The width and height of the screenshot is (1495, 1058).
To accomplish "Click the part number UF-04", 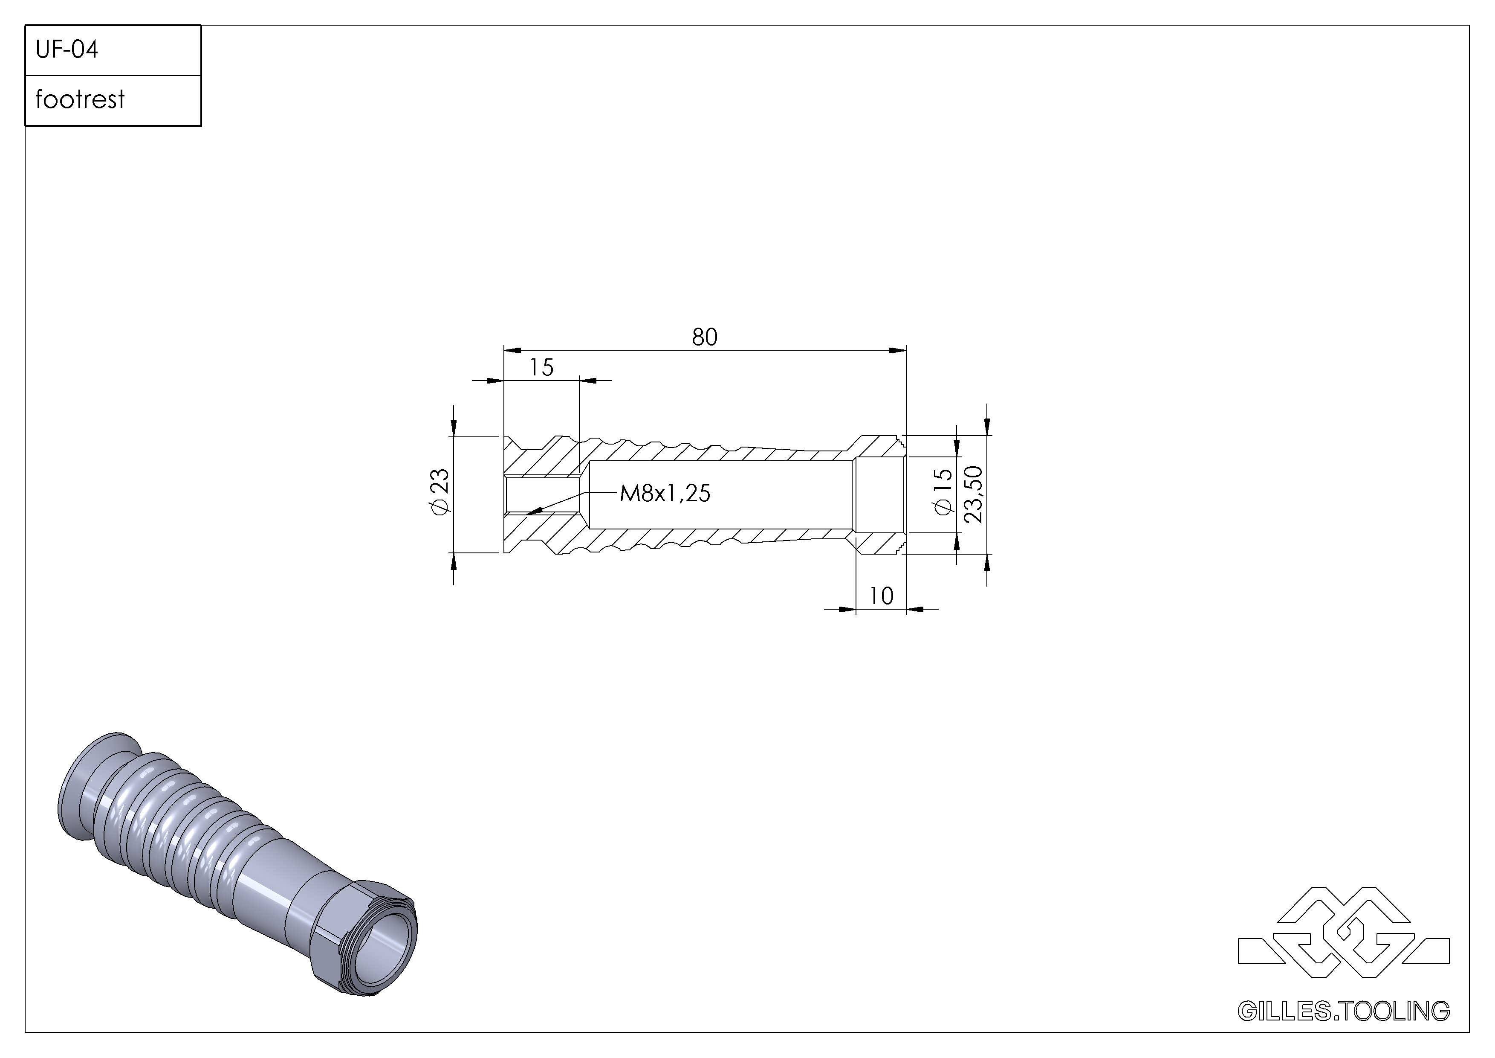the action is click(x=67, y=49).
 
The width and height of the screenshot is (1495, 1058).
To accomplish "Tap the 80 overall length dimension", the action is click(x=705, y=337).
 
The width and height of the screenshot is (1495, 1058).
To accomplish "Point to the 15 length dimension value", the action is click(x=541, y=367).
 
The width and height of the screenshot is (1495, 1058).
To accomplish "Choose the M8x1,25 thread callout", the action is click(x=665, y=493).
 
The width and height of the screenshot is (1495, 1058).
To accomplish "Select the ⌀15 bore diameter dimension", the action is click(x=943, y=492).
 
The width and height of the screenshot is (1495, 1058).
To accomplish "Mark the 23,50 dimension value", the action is click(x=973, y=494).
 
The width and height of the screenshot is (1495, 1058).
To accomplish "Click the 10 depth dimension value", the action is click(x=881, y=596).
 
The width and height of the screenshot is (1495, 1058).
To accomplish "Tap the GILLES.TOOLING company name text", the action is click(x=1343, y=1011).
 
